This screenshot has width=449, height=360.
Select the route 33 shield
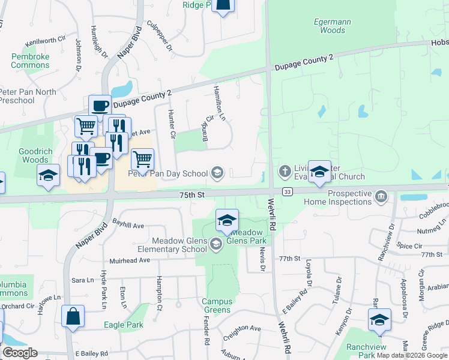point(288,191)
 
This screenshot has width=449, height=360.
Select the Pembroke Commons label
point(30,61)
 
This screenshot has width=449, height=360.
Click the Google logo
point(20,352)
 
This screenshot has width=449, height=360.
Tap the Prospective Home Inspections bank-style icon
point(381,196)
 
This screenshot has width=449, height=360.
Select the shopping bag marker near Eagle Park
point(73,317)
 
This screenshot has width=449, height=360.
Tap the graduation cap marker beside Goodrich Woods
point(49,175)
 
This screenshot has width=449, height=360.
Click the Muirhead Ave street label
point(129,260)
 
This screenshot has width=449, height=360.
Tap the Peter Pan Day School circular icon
point(217,173)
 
